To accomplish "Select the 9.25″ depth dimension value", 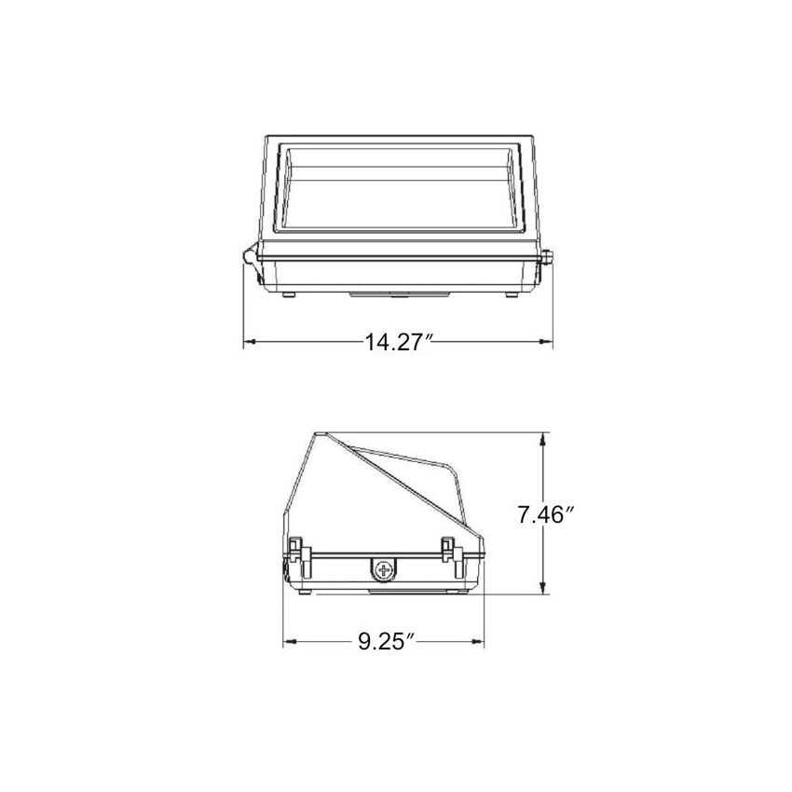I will pyautogui.click(x=385, y=641).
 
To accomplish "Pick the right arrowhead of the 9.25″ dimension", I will pyautogui.click(x=483, y=641).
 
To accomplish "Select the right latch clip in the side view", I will pyautogui.click(x=450, y=550).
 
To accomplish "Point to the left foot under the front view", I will pyautogui.click(x=288, y=294).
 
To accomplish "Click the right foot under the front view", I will pyautogui.click(x=511, y=294).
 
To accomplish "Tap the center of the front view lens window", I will pyautogui.click(x=399, y=186).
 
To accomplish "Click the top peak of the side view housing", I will pyautogui.click(x=321, y=434).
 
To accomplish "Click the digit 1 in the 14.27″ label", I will pyautogui.click(x=370, y=343).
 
